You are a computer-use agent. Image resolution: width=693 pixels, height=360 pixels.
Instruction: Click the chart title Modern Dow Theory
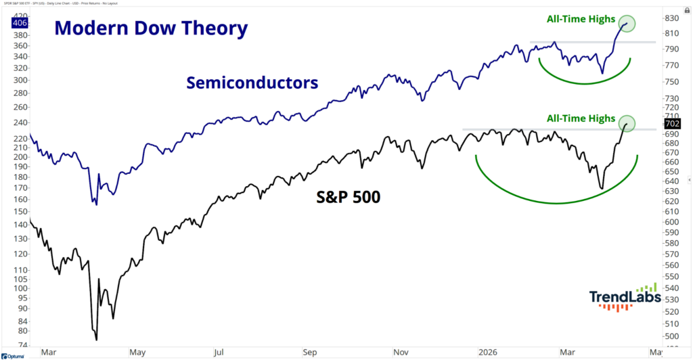click(151, 29)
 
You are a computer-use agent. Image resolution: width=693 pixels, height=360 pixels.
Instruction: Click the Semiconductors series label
click(252, 83)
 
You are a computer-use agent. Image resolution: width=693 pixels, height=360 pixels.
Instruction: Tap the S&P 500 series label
click(348, 198)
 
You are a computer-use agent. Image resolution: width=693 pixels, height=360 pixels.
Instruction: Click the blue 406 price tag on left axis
click(19, 23)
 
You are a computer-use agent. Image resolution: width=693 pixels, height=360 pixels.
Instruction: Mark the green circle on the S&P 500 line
click(626, 123)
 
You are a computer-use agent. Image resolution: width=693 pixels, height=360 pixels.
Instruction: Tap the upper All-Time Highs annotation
click(577, 20)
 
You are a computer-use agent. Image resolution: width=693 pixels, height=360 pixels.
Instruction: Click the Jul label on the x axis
click(219, 352)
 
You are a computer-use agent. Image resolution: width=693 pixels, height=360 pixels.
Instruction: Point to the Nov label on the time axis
click(400, 352)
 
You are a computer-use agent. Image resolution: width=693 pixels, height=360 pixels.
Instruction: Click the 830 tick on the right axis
click(672, 18)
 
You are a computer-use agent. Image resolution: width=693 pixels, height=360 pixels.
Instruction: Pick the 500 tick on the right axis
click(672, 336)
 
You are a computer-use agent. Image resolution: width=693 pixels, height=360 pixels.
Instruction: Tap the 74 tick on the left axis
click(23, 344)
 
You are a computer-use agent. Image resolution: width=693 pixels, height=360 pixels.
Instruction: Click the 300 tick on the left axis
click(21, 80)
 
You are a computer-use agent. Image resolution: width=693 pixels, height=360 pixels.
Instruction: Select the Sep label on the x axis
click(311, 352)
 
